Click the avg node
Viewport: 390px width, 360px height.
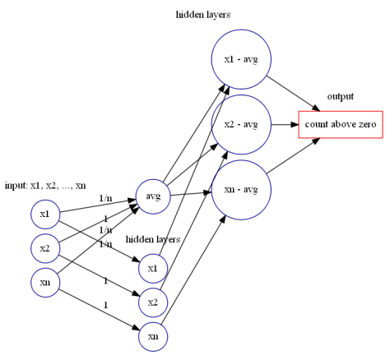(152, 196)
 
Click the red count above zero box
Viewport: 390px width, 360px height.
(340, 125)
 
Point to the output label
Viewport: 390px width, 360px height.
(340, 97)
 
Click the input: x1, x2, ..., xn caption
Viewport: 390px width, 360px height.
(45, 185)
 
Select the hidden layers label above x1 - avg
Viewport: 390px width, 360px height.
(203, 15)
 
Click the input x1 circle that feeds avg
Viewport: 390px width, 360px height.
(45, 215)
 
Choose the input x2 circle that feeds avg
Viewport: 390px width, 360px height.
(45, 247)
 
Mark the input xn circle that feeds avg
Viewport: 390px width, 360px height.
(45, 282)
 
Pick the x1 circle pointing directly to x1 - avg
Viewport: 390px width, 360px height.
(152, 268)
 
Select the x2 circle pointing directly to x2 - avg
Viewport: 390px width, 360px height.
(152, 302)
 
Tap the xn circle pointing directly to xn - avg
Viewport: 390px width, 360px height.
(152, 336)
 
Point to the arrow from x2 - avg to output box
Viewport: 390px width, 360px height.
(283, 125)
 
